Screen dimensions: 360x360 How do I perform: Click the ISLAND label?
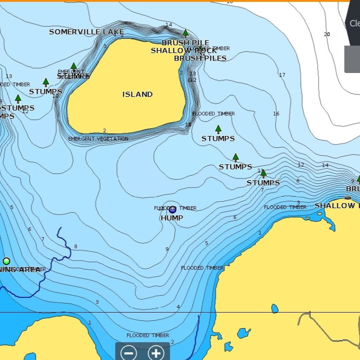point(137,94)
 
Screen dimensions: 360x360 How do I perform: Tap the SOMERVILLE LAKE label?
point(86,32)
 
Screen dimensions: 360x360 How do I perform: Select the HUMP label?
point(172,218)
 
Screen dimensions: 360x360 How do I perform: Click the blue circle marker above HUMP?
point(172,210)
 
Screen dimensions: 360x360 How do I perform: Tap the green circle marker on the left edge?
point(6,261)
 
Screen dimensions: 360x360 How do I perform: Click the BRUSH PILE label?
point(185,43)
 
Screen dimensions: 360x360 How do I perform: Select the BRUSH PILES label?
point(200,58)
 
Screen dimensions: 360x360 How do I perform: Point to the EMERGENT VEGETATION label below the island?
point(98,139)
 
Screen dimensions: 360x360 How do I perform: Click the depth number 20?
point(327,34)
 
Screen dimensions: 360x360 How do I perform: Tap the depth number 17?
point(282,75)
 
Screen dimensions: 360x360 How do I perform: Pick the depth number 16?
point(276,114)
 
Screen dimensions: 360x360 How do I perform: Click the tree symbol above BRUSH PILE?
point(185,33)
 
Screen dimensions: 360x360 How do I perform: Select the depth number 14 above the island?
point(169,25)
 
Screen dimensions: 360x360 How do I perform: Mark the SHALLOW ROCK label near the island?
point(183,51)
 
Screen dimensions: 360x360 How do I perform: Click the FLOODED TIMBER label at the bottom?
point(148,335)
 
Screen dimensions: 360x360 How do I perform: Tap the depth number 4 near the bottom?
point(178,307)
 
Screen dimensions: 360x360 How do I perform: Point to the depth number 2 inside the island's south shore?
point(104,131)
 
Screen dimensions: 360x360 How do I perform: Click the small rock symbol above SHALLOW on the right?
point(348,198)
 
